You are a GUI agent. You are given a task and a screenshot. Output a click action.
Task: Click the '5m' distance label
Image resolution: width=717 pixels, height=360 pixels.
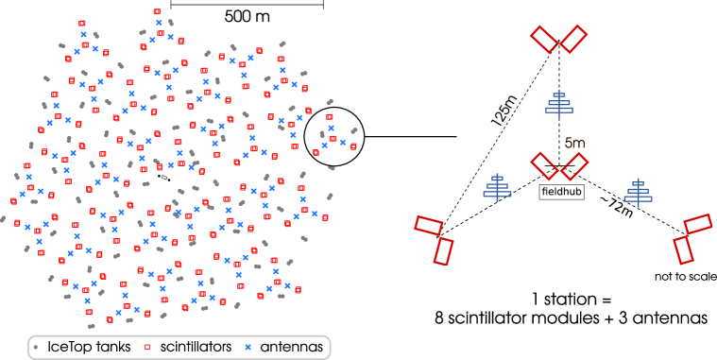(x=574, y=144)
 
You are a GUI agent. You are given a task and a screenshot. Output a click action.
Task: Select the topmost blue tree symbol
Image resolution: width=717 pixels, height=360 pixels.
(x=558, y=104)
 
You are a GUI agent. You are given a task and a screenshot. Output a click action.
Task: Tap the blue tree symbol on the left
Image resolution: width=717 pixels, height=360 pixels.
(x=497, y=187)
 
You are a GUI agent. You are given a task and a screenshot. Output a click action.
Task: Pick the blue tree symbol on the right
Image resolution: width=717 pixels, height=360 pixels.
(x=638, y=192)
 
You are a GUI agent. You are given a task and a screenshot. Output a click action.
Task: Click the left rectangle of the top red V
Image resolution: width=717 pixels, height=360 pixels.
(x=545, y=39)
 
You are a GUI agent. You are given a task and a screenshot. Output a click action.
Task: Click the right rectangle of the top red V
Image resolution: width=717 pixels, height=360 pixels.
(x=572, y=39)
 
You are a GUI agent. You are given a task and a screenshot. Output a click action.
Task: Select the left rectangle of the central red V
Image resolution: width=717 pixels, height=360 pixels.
(x=545, y=165)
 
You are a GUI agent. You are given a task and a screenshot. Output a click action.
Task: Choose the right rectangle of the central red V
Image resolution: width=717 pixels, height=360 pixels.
(x=573, y=165)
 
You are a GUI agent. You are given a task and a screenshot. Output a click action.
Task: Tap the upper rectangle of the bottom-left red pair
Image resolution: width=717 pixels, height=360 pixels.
(x=428, y=225)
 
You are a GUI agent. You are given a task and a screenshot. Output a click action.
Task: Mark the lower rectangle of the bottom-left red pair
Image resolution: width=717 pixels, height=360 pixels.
(x=443, y=251)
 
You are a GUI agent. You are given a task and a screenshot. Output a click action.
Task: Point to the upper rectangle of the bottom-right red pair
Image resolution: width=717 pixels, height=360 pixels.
(x=697, y=224)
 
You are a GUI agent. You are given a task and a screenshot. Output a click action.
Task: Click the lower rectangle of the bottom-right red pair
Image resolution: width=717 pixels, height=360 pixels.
(x=683, y=250)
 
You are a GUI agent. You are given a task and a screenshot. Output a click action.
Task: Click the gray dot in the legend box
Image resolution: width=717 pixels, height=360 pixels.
(x=36, y=347)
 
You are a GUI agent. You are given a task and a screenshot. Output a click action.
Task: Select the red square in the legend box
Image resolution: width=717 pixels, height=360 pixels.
(x=147, y=347)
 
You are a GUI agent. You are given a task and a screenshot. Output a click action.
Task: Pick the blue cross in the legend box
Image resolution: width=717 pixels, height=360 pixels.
(x=248, y=347)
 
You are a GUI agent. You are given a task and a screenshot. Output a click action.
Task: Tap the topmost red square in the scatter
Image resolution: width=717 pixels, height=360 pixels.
(x=157, y=11)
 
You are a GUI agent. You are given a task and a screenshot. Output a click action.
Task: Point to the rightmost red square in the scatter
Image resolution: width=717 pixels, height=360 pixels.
(x=353, y=146)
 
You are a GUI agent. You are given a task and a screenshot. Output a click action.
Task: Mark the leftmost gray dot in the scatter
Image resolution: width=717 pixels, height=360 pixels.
(x=3, y=219)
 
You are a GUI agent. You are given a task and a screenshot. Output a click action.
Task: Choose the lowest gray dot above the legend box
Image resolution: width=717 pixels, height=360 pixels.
(x=92, y=326)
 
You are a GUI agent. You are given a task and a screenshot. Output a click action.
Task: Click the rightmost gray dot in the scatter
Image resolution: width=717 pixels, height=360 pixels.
(x=354, y=130)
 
